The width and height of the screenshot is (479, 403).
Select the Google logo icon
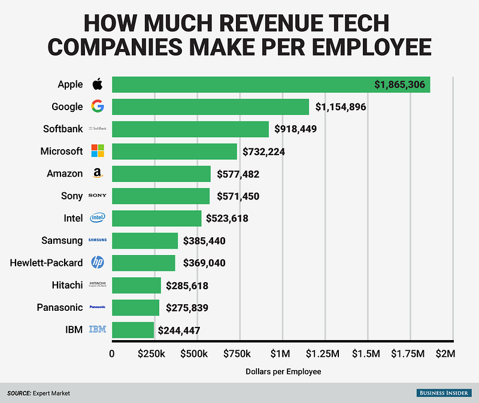point(98,107)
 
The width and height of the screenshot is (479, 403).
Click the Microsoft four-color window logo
point(98,151)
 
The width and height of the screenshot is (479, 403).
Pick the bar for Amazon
point(161,174)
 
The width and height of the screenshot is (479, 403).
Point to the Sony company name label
point(71,196)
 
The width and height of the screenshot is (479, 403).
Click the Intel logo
point(98,218)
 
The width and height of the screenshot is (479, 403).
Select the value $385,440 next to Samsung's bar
point(203,241)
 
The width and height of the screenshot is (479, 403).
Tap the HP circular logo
point(98,262)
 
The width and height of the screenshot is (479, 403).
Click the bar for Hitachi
point(137,285)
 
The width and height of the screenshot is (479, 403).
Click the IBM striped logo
point(98,329)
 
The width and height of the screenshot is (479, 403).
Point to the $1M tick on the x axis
point(281,354)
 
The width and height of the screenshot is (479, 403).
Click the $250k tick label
point(151,354)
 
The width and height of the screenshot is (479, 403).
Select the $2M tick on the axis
point(445,354)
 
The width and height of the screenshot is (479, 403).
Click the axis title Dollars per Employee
point(283,371)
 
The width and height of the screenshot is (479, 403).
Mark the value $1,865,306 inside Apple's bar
point(399,85)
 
